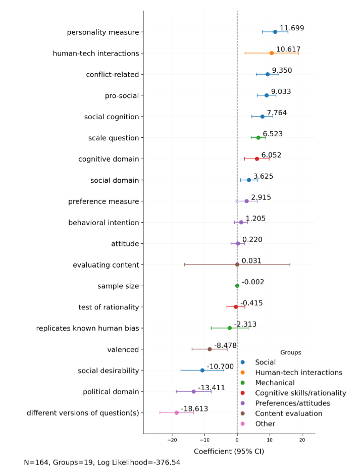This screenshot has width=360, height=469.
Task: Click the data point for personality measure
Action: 275,32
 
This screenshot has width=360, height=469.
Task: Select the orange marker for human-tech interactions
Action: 272,53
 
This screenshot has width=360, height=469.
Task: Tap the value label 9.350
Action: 282,70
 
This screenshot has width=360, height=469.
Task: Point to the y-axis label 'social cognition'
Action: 112,117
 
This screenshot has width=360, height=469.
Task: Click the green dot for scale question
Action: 259,137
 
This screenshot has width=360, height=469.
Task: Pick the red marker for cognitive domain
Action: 257,159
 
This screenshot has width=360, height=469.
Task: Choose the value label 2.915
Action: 261,197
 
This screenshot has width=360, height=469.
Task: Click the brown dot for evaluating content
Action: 237,265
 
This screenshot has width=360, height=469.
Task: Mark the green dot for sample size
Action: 237,286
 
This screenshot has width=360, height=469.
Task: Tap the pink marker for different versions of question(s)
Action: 177,412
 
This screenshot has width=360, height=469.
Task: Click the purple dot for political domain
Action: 193,391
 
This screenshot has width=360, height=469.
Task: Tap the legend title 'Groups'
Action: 291,352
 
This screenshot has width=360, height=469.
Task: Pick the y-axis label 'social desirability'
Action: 108,371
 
